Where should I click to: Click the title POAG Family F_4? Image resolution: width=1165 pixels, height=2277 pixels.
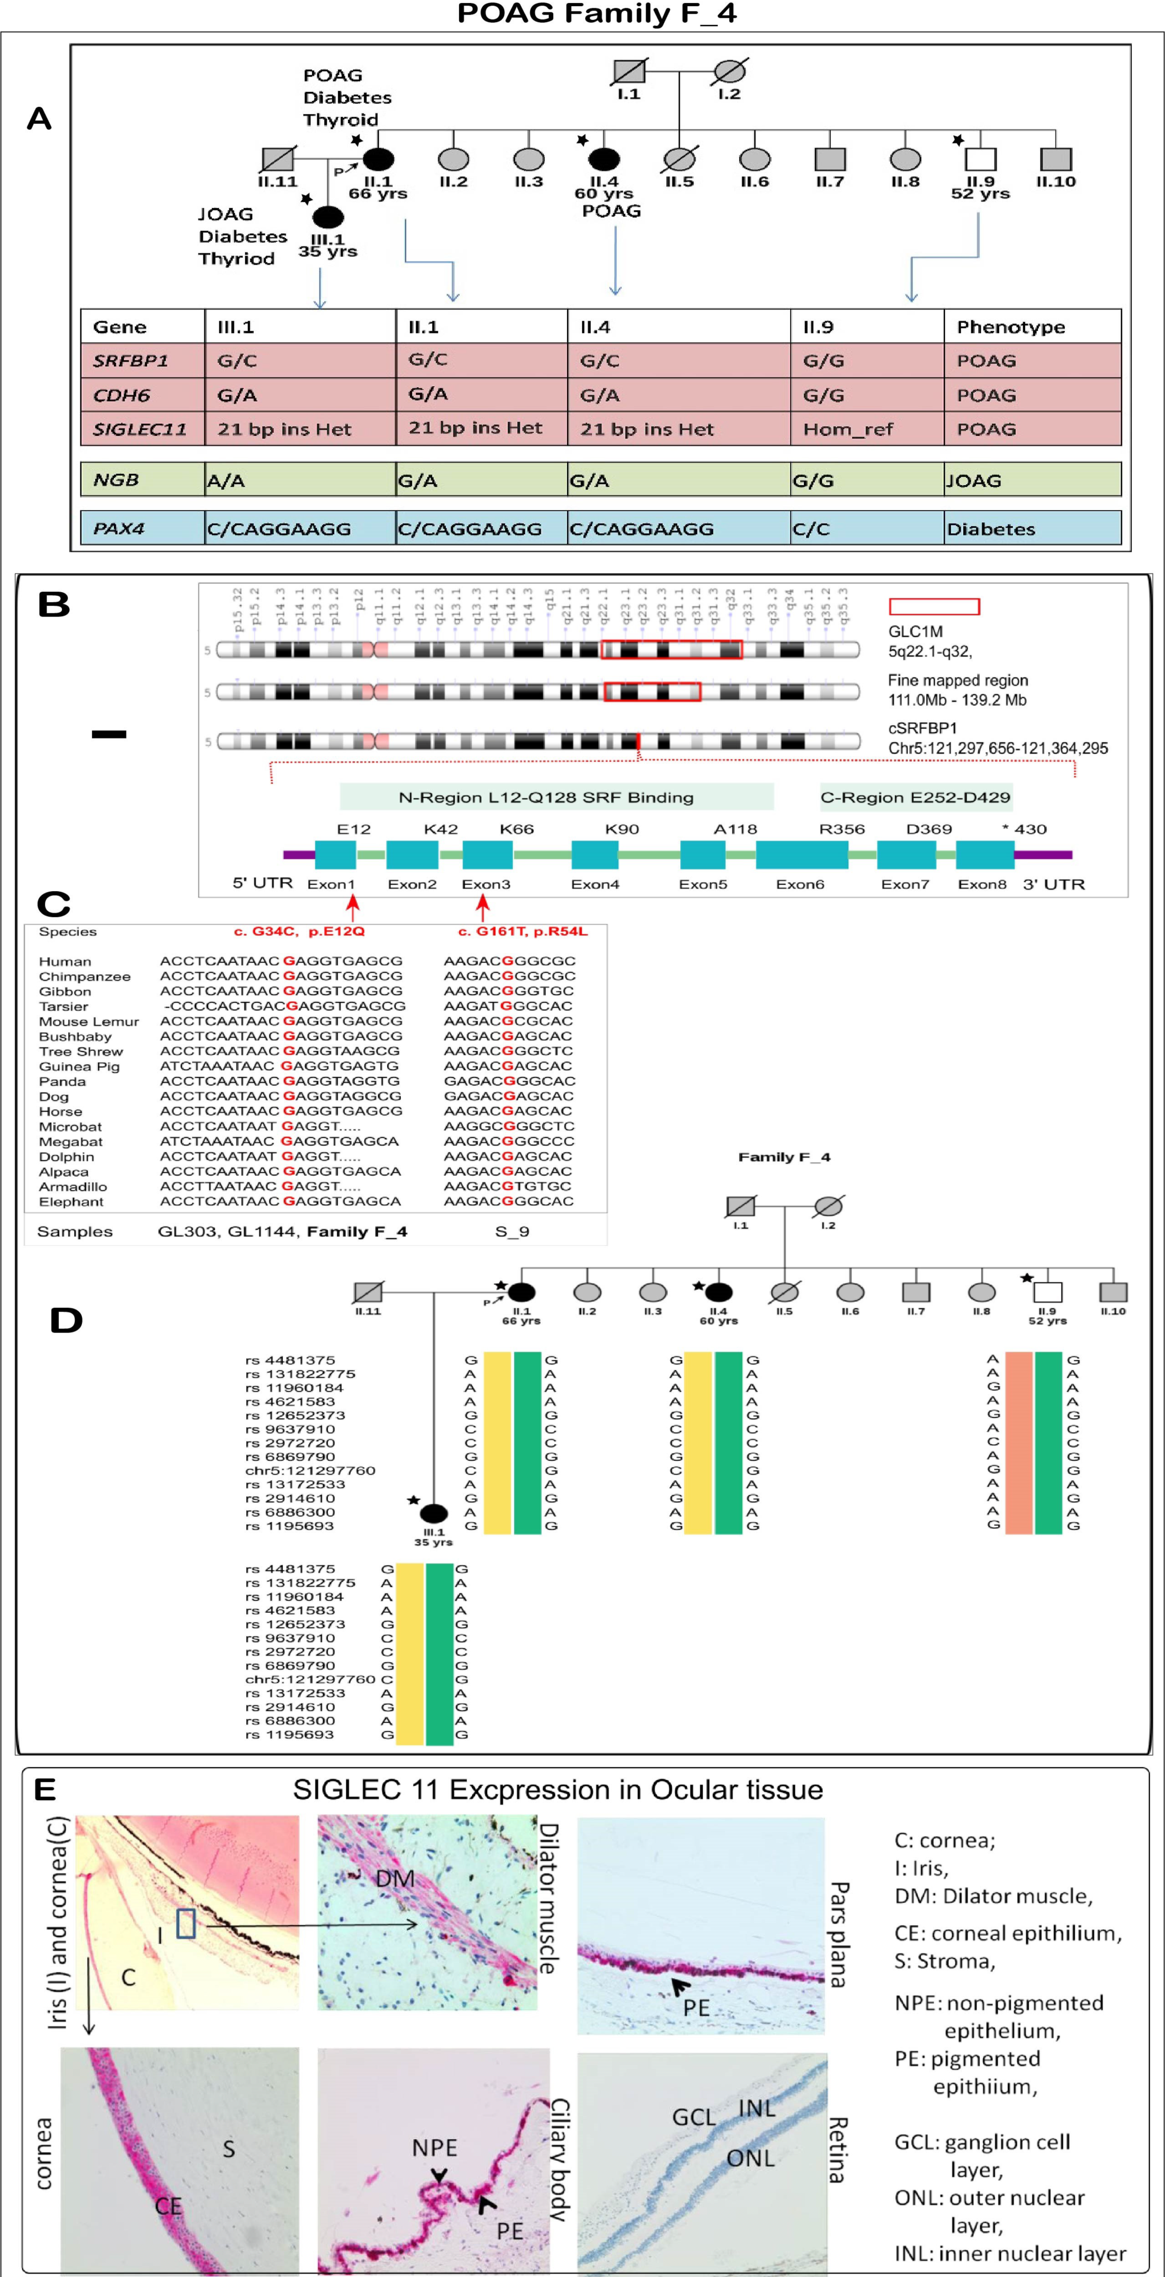pyautogui.click(x=597, y=14)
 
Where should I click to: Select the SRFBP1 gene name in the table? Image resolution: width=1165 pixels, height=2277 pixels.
pyautogui.click(x=131, y=361)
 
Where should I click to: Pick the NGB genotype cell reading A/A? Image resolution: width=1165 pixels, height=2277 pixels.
pyautogui.click(x=226, y=480)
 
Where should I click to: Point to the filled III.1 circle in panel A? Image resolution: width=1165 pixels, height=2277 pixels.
pyautogui.click(x=328, y=217)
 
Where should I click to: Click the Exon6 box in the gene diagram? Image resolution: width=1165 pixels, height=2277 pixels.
pyautogui.click(x=802, y=855)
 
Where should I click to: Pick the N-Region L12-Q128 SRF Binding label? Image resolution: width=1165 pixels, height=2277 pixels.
pyautogui.click(x=545, y=797)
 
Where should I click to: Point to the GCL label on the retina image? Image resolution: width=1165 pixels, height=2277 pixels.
pyautogui.click(x=694, y=2117)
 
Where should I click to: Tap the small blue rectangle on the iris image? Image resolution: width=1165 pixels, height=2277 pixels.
pyautogui.click(x=185, y=1923)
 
